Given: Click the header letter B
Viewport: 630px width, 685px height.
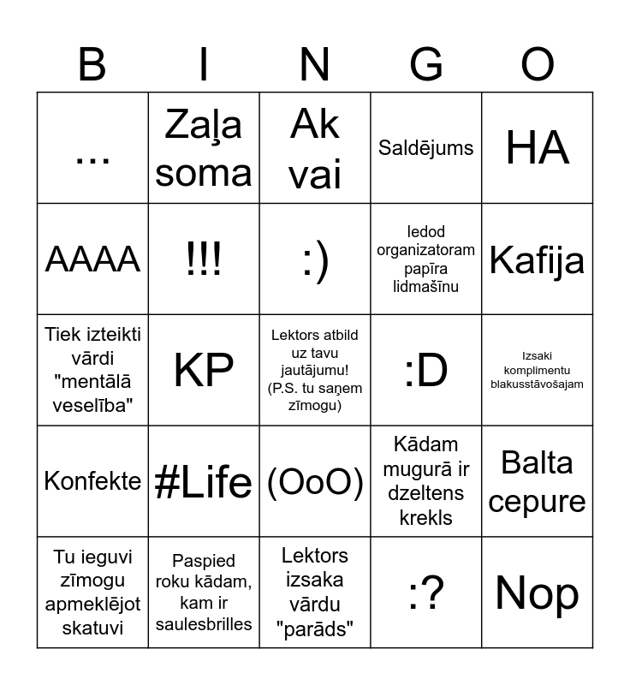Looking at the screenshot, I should (92, 65).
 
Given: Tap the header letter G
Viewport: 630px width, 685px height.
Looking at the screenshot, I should (426, 65).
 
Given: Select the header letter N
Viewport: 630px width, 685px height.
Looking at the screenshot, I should (315, 65).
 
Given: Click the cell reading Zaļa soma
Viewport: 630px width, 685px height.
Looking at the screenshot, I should (204, 148).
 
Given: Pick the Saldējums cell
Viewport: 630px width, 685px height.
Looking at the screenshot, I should (426, 148).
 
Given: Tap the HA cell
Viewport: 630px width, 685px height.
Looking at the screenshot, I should (538, 148).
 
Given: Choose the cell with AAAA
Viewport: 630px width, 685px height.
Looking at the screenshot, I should (92, 259).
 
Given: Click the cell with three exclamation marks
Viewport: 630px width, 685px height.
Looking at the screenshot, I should (204, 259).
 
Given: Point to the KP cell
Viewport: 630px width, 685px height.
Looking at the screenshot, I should (204, 370).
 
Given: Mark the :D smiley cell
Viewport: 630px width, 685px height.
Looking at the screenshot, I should (426, 370).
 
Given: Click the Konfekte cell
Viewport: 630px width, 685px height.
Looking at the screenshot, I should (92, 481).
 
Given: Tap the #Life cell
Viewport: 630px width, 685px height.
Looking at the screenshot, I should (204, 481).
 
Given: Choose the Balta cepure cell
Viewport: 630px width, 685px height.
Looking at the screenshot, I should (538, 481).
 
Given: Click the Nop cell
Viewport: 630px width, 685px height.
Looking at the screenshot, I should (538, 593).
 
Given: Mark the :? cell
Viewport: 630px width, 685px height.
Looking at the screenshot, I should (426, 593).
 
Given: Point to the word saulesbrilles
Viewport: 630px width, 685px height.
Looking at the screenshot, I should (204, 623).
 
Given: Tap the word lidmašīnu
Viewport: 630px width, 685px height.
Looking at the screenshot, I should (426, 287).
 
